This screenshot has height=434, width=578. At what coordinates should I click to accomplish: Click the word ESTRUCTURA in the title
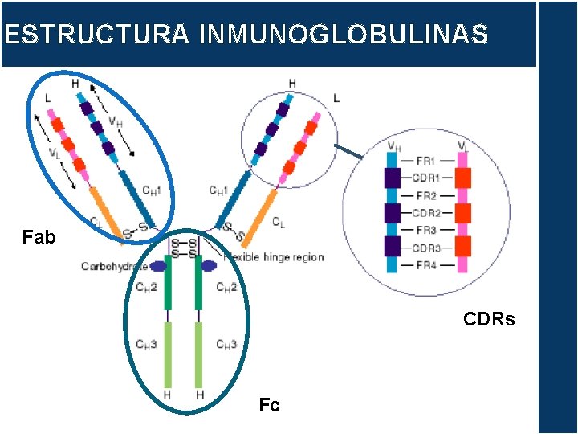[96, 35]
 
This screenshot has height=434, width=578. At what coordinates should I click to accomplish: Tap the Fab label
[39, 238]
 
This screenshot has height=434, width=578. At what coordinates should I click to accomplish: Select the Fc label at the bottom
[269, 406]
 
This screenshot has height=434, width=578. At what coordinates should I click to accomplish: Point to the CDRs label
[489, 320]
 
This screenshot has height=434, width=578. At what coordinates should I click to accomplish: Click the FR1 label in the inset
[426, 159]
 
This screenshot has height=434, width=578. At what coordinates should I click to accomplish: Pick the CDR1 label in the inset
[426, 178]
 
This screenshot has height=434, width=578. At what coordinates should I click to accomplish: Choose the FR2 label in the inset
[426, 195]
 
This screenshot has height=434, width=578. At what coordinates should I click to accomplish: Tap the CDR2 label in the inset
[426, 213]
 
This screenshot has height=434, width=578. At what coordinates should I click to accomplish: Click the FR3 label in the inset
[426, 231]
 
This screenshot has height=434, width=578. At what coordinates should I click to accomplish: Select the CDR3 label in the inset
[426, 248]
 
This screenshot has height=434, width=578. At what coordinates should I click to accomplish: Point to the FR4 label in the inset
[426, 266]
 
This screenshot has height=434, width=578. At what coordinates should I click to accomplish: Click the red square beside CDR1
[463, 178]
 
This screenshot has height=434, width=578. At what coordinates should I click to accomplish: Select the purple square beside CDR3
[392, 248]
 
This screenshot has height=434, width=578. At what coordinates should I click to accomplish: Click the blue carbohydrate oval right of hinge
[210, 265]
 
